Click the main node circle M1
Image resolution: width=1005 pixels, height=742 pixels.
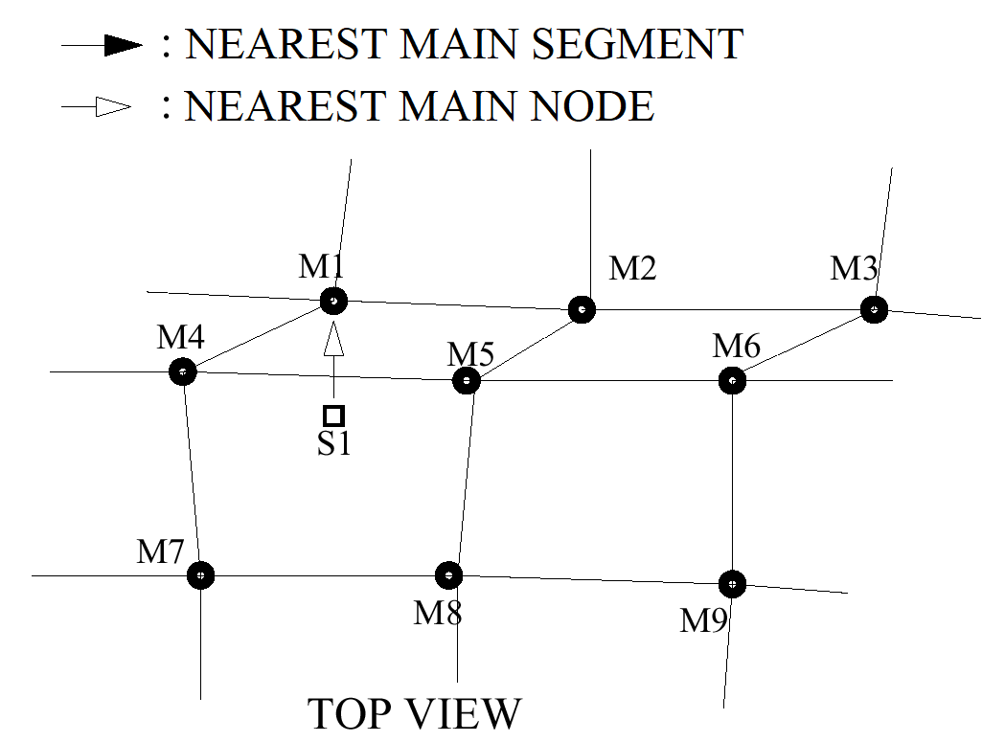[x=333, y=301]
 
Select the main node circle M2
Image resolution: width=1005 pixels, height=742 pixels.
[x=582, y=309]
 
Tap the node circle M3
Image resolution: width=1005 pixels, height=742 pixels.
[x=873, y=309]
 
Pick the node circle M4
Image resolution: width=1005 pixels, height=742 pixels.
[x=182, y=371]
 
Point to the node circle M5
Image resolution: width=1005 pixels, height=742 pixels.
[x=467, y=381]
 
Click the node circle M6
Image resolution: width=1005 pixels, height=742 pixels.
[x=732, y=381]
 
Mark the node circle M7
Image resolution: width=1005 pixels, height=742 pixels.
[x=200, y=575]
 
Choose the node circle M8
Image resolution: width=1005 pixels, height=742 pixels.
[x=448, y=575]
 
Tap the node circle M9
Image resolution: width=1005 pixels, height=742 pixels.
[x=732, y=582]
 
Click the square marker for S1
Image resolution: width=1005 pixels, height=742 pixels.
[x=333, y=416]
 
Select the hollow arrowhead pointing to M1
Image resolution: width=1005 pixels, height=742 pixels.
[x=333, y=340]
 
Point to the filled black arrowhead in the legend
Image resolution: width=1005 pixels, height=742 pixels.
[x=123, y=45]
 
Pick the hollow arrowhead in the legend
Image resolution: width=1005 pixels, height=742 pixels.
[x=113, y=107]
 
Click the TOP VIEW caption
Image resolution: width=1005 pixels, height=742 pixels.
[x=415, y=714]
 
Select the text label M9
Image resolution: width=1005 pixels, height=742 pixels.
[x=705, y=620]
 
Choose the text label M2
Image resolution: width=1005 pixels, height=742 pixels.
[x=632, y=269]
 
